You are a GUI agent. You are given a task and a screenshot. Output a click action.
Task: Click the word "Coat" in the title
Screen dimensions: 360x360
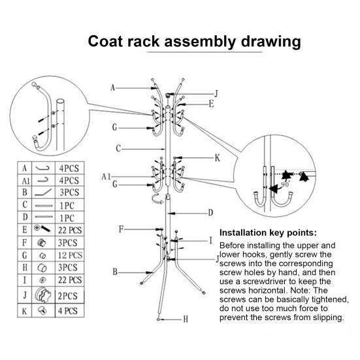coord(108,42)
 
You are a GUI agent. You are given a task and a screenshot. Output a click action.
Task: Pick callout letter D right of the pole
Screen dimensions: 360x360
coord(210,212)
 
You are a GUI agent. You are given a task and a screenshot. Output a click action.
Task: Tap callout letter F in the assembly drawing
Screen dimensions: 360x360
coord(121,229)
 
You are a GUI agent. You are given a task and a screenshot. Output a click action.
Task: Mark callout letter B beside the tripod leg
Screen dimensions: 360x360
coord(115,271)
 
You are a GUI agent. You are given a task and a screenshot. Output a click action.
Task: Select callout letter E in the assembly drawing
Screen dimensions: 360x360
coord(211,103)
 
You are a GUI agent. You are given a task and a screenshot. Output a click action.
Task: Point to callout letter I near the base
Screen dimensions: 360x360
coord(210,240)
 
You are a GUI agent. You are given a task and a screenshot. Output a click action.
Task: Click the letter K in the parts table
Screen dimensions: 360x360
coord(25,311)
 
